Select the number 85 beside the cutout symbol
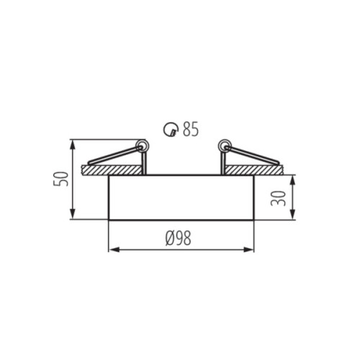[190, 130]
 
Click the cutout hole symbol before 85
[171, 130]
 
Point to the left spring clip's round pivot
[142, 145]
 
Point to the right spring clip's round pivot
[224, 145]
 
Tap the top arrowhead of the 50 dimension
[73, 143]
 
